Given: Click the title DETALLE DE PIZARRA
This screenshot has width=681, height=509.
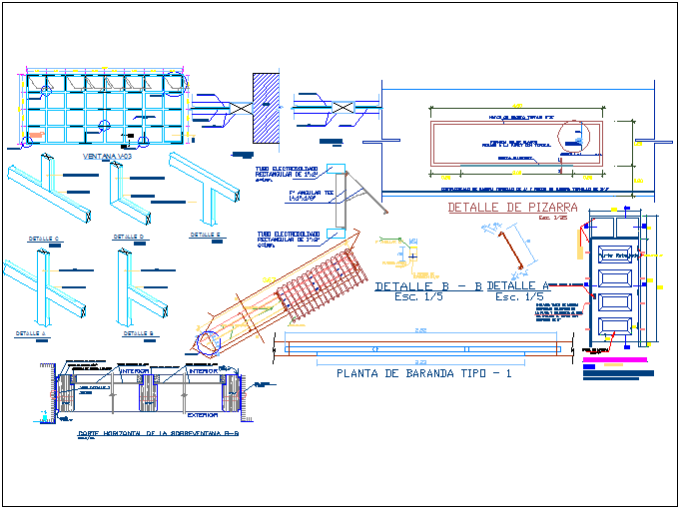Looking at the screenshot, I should [x=500, y=208].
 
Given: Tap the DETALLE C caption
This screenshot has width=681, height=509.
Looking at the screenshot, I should [x=43, y=239].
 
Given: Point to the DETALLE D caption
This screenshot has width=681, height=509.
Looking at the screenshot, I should [x=129, y=237].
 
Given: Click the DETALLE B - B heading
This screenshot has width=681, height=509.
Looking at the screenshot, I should [x=427, y=286].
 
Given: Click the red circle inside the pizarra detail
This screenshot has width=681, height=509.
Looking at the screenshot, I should [x=575, y=141].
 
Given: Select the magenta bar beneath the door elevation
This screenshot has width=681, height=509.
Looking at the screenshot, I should [x=612, y=359].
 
